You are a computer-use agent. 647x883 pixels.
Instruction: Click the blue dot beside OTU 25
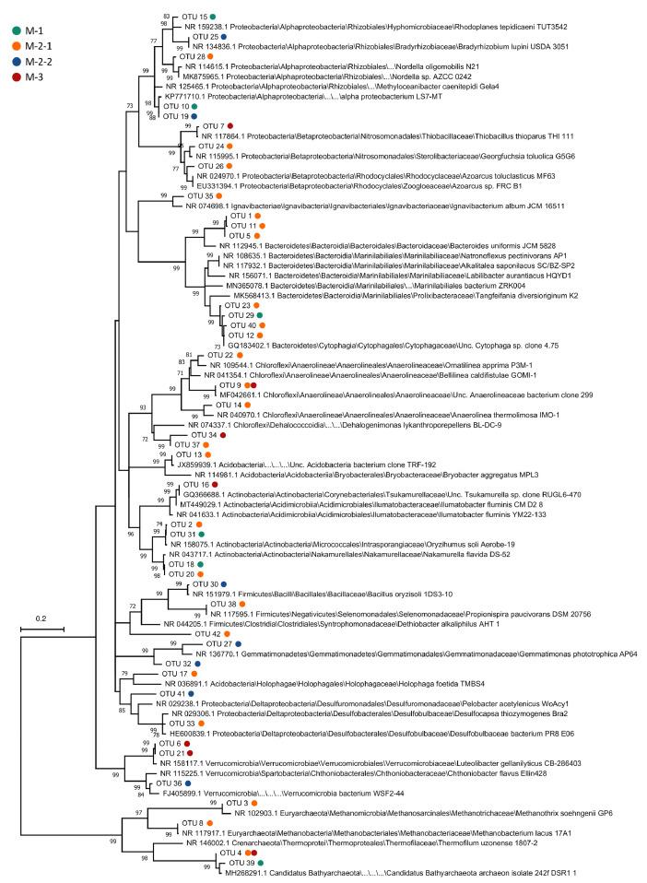pos(223,37)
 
